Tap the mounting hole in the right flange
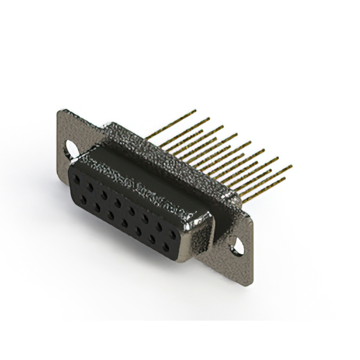tap(238, 245)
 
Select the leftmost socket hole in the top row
tap(77, 181)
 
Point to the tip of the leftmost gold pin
tap(195, 111)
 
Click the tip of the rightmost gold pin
tap(291, 166)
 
